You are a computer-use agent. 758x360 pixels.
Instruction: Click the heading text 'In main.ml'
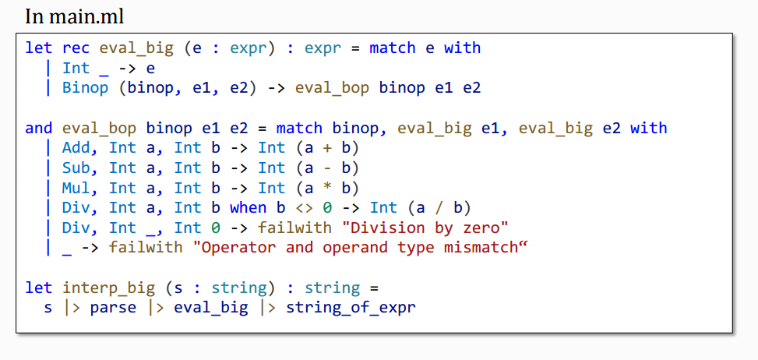pyautogui.click(x=74, y=16)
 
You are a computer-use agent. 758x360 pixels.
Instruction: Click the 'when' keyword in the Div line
pyautogui.click(x=248, y=208)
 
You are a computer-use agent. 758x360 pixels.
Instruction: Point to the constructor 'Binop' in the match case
pyautogui.click(x=85, y=87)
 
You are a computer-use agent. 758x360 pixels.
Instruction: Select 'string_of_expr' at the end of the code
pyautogui.click(x=351, y=307)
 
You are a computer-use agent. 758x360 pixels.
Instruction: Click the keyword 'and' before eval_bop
pyautogui.click(x=38, y=128)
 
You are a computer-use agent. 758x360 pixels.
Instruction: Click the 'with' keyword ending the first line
pyautogui.click(x=462, y=48)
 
